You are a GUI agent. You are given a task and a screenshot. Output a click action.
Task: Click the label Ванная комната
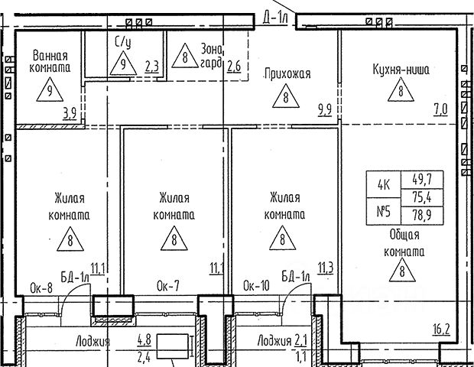coord(50,61)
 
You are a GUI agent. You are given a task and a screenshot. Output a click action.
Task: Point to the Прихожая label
coord(287,74)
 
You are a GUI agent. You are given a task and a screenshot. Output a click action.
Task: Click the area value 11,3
coord(325,268)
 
